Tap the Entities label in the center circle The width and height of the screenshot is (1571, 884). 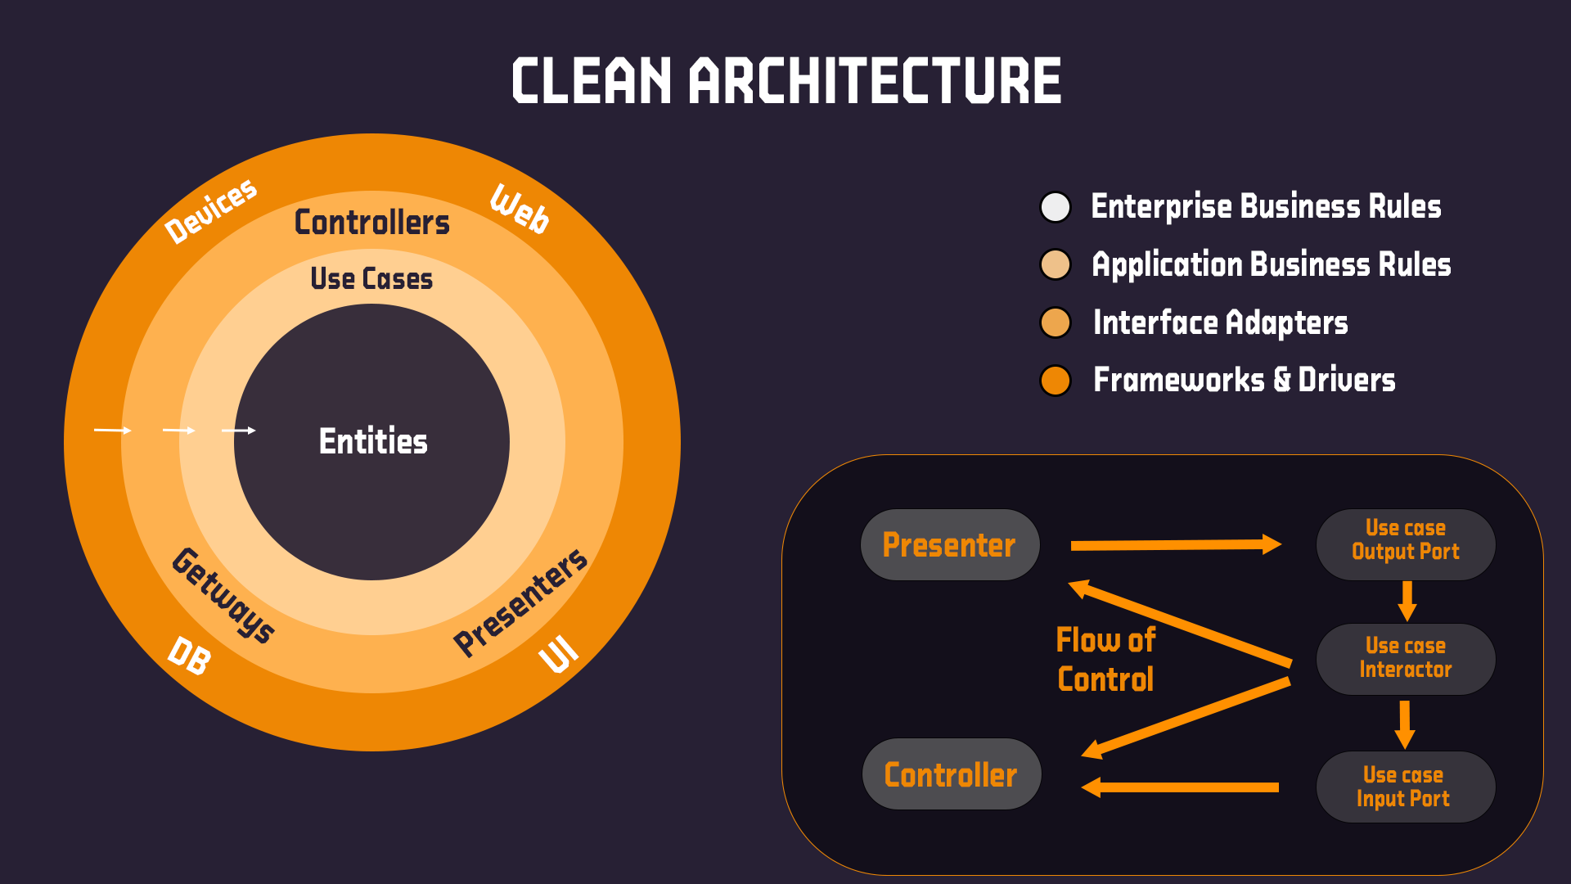pos(373,442)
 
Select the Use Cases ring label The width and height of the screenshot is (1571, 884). pos(371,279)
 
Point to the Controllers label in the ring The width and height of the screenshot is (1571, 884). pos(372,223)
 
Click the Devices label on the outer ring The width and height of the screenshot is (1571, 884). pos(211,210)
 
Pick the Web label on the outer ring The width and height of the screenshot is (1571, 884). pos(520,210)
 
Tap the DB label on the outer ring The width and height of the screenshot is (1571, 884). pos(190,656)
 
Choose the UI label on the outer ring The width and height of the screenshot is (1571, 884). pos(559,654)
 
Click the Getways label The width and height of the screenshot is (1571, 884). pos(223,595)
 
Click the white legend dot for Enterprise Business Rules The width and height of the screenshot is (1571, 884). pos(1056,207)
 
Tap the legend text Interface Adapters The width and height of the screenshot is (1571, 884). pos(1220,322)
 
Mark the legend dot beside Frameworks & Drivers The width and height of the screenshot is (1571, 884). pos(1056,381)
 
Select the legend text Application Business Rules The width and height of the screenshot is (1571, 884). pos(1271,265)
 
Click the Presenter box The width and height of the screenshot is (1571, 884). pos(950,545)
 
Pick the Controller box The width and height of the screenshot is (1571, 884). pos(952,774)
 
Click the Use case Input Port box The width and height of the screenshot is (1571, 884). pos(1405,787)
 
